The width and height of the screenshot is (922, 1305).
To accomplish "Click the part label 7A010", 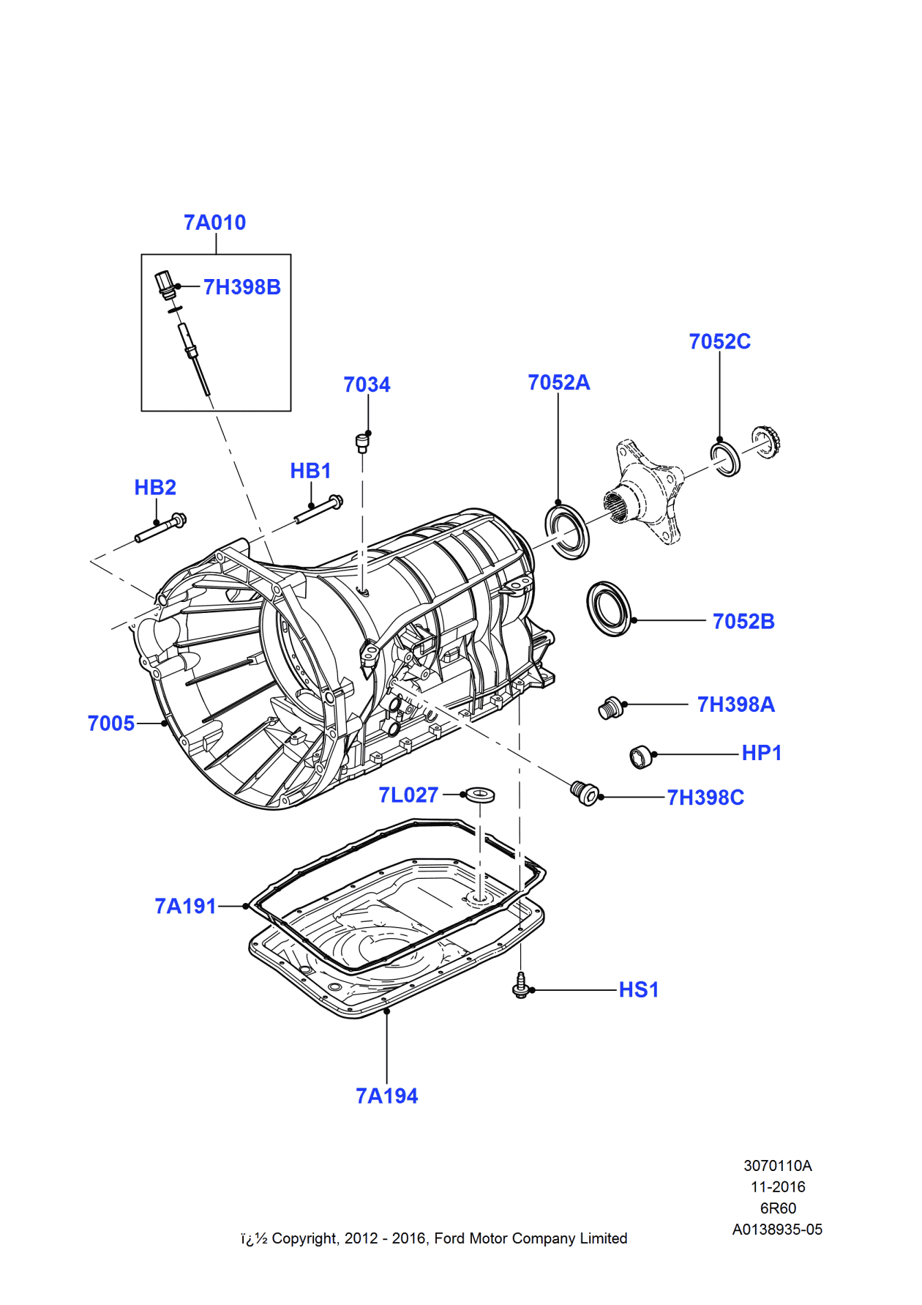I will [x=214, y=223].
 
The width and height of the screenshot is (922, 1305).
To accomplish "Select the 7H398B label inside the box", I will [x=241, y=287].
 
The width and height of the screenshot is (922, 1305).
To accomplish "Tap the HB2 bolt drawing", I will [x=161, y=529].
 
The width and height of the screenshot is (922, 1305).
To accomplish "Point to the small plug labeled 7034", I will [x=362, y=442].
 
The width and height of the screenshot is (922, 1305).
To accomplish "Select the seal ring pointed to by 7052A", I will [x=567, y=532].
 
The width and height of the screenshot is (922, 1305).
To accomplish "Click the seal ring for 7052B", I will [x=609, y=609].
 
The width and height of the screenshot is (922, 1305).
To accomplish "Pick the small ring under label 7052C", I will [x=726, y=458].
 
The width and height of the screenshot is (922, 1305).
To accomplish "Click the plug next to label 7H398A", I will [x=610, y=708].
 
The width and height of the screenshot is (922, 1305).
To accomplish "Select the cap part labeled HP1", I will [x=641, y=756].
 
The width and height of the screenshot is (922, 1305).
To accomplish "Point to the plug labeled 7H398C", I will [x=585, y=793].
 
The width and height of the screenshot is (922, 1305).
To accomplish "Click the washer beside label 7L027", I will [x=480, y=794].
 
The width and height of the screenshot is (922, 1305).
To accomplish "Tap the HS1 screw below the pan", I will [x=520, y=985].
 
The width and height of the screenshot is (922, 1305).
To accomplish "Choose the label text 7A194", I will [x=386, y=1096].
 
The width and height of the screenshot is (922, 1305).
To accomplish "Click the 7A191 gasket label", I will [x=185, y=907].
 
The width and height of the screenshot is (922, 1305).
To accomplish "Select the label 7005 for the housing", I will [x=111, y=724].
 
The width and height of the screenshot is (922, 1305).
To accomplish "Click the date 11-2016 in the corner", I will [x=778, y=1187].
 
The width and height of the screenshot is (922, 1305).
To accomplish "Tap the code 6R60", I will [x=778, y=1208].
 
